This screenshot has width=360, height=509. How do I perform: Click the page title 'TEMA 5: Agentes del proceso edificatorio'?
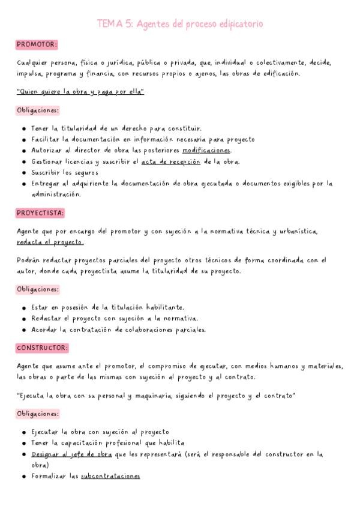coord(180,24)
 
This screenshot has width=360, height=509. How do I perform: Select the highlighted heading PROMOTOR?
coord(37,44)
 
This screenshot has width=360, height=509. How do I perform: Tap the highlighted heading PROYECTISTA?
coord(41,212)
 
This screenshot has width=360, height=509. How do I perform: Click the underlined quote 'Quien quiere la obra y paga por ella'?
coord(80,92)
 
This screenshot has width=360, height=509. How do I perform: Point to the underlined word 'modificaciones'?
coord(206,149)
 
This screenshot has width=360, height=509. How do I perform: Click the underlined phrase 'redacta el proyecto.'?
coord(50,242)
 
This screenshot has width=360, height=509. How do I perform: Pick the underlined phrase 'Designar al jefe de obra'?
coord(72,454)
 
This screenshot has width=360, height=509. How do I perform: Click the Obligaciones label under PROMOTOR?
coord(38,110)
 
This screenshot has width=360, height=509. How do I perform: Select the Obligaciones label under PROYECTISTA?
coord(38,289)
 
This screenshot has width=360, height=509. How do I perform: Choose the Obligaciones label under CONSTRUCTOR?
coord(38,414)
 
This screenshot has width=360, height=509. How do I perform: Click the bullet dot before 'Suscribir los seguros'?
coord(23,173)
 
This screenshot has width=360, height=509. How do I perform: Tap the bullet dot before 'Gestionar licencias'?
coord(23,161)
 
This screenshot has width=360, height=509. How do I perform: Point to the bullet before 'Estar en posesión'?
coord(23,307)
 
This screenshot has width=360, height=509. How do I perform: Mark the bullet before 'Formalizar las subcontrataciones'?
coord(23,477)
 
